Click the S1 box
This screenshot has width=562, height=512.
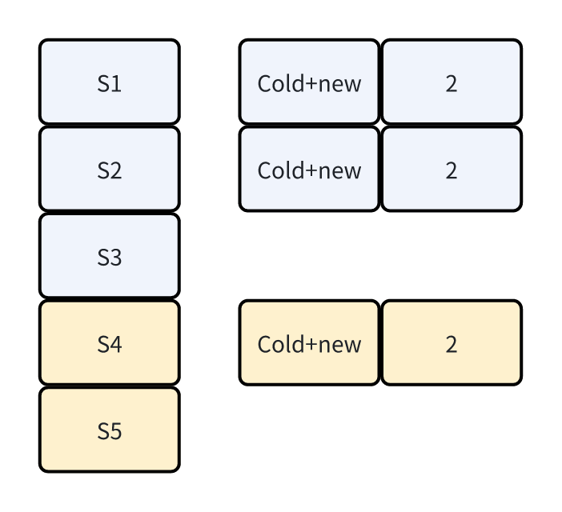109,82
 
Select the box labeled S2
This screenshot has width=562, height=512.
109,170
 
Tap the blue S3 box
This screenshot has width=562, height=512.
109,257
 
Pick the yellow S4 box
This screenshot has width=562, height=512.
109,343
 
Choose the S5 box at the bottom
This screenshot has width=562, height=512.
109,430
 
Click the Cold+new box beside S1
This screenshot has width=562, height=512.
309,82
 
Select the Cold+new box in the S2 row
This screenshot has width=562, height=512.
309,170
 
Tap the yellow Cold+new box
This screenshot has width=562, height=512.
309,343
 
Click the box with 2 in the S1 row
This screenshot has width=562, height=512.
452,82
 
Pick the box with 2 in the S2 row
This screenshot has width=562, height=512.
452,170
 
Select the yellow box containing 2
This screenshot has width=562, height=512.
452,343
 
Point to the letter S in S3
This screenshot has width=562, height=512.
102,258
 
